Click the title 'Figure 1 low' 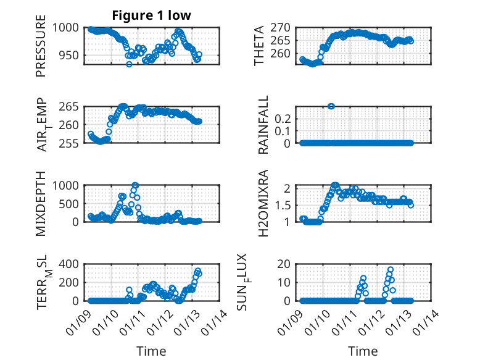coord(151,15)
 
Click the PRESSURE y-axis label coord(41,50)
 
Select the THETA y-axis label coord(260,46)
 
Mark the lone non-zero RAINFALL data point coord(331,106)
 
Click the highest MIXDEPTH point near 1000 coord(135,185)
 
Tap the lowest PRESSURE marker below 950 coord(129,64)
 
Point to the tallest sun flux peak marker coord(391,270)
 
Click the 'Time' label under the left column coord(151,351)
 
